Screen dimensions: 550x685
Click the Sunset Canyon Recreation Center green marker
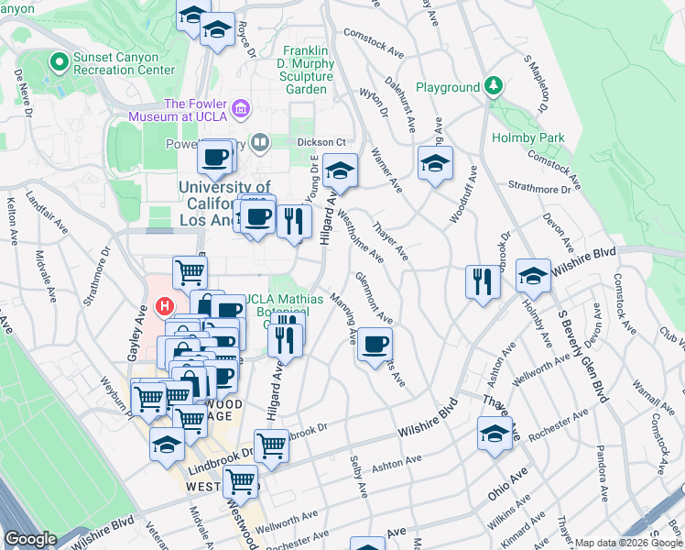pos(60,62)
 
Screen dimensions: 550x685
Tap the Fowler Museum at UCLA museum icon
pos(242,110)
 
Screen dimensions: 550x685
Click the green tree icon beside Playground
pos(494,86)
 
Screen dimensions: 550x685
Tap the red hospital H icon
pos(165,305)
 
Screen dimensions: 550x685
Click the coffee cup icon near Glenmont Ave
pos(375,345)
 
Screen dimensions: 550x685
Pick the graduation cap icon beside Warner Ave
pos(435,164)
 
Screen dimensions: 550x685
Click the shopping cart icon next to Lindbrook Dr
pos(271,445)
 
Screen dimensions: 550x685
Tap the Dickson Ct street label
pos(321,142)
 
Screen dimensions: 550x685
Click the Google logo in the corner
pos(30,539)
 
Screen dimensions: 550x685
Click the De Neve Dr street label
pos(22,93)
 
